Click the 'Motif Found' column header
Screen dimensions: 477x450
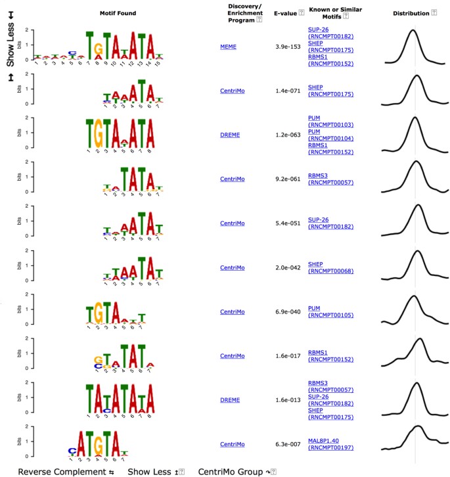tap(116, 13)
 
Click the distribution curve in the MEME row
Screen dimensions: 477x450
tap(413, 46)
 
